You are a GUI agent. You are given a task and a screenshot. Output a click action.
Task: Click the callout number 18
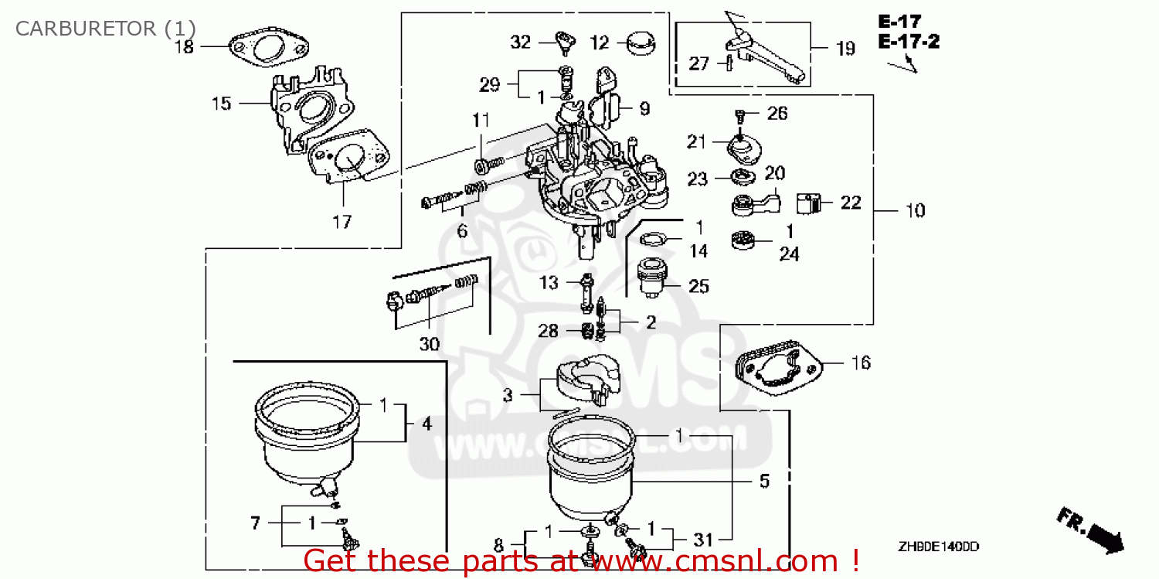pyautogui.click(x=183, y=46)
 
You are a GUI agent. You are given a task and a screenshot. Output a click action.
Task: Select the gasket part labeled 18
pyautogui.click(x=267, y=50)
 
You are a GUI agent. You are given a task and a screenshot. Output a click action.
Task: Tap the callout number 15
pyautogui.click(x=221, y=103)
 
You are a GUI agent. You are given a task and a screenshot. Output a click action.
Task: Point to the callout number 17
pyautogui.click(x=342, y=223)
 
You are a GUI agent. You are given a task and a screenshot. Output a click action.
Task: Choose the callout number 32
pyautogui.click(x=521, y=43)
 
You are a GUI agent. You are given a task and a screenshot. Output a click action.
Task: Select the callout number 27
pyautogui.click(x=698, y=63)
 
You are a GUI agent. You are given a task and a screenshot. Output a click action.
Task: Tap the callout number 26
pyautogui.click(x=777, y=114)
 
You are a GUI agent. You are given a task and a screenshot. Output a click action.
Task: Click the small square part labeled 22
pyautogui.click(x=807, y=203)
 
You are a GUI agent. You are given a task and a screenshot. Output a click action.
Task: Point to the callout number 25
pyautogui.click(x=698, y=287)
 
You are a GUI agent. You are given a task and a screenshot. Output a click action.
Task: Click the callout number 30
pyautogui.click(x=429, y=344)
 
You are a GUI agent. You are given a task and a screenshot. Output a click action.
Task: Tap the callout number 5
pyautogui.click(x=764, y=482)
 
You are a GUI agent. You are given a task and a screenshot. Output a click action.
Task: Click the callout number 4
pyautogui.click(x=427, y=424)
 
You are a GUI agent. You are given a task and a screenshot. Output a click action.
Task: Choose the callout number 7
pyautogui.click(x=256, y=523)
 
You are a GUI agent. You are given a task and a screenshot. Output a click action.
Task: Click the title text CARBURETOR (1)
pyautogui.click(x=106, y=29)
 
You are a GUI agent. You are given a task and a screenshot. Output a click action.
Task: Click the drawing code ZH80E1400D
pyautogui.click(x=938, y=547)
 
